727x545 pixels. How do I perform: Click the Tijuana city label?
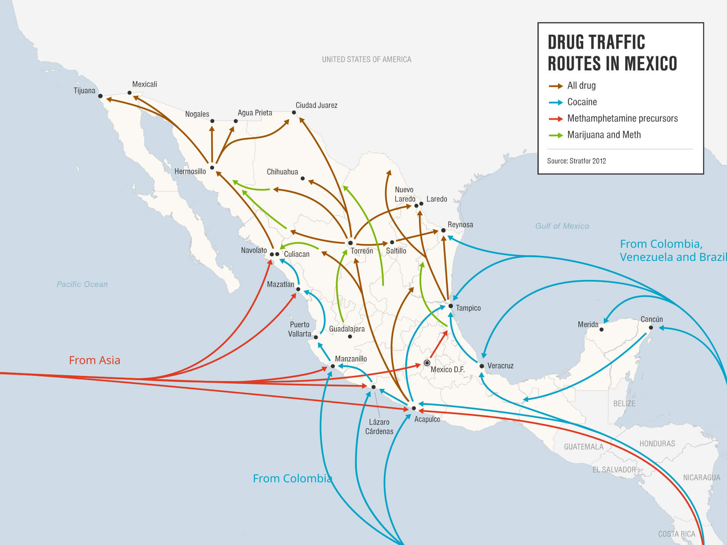(84, 91)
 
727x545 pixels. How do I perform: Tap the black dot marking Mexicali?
(130, 93)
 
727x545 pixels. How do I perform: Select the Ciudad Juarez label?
(316, 105)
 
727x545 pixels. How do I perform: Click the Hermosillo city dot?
(212, 168)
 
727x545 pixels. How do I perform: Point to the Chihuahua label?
(282, 172)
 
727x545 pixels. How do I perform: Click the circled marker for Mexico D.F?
(427, 363)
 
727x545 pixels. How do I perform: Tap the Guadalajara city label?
(347, 329)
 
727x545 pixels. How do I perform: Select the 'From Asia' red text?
(95, 360)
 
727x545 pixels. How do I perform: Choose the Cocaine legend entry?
(582, 102)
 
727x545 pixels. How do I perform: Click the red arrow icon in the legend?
(555, 119)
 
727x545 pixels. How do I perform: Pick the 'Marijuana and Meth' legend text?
(604, 135)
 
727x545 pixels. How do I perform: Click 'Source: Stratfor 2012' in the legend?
(576, 161)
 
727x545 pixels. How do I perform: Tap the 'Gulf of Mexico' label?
(562, 226)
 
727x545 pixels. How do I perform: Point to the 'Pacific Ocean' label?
(82, 284)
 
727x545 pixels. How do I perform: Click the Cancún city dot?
(651, 328)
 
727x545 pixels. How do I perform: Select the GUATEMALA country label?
(583, 447)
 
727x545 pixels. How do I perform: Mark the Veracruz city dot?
(481, 366)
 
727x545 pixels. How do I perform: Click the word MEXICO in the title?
(650, 63)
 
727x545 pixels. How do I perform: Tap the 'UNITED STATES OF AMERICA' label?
(366, 59)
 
